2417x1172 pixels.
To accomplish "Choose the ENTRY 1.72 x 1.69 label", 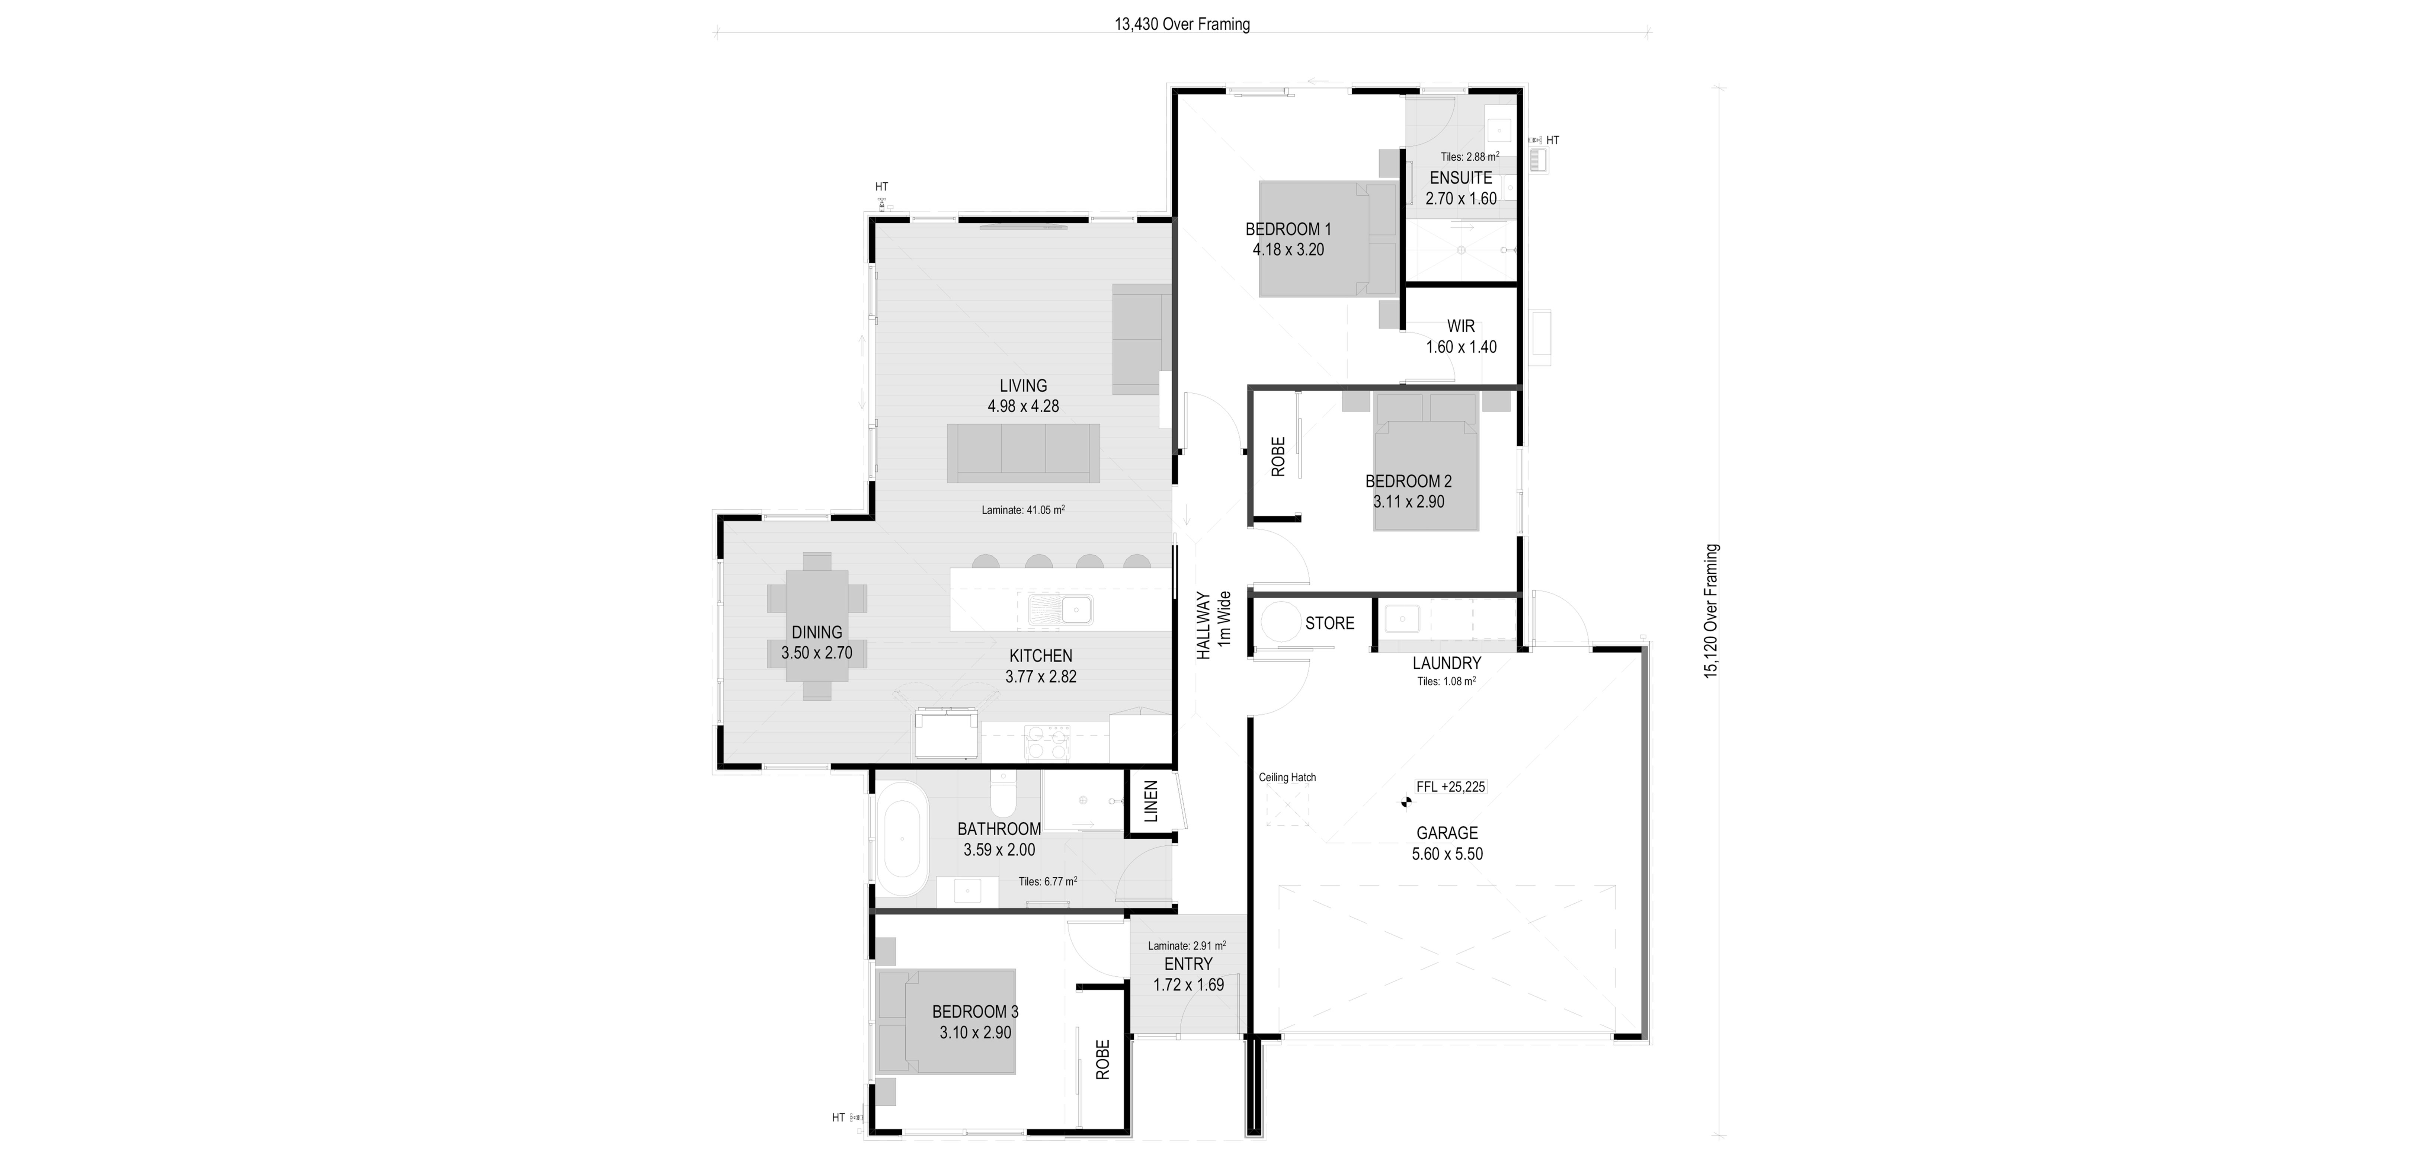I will (1188, 974).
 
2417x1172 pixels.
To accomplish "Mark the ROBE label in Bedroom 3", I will (1102, 1059).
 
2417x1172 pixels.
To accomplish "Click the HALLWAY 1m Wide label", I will (1212, 625).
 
